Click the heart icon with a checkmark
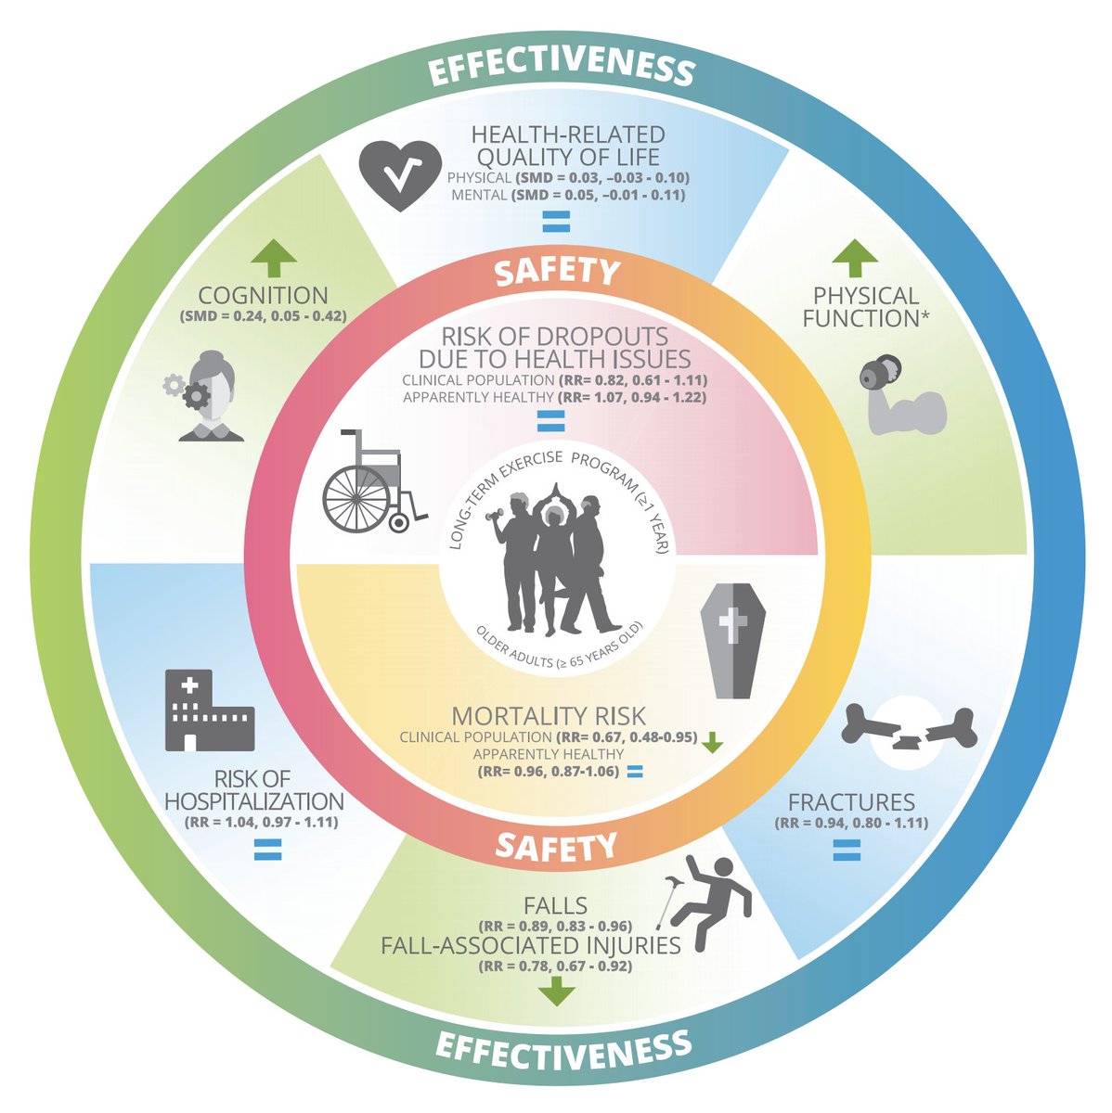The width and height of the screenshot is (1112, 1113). [x=399, y=176]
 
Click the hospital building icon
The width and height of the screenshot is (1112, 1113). [x=208, y=710]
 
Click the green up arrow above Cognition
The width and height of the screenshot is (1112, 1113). [x=275, y=259]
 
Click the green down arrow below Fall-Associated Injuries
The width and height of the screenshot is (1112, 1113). [x=556, y=991]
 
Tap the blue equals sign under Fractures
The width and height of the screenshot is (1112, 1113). [x=847, y=849]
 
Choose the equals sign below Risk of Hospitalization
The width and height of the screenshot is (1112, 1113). [x=268, y=848]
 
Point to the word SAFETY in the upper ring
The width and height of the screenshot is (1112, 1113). [x=556, y=272]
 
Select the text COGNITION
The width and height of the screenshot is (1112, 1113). [x=264, y=296]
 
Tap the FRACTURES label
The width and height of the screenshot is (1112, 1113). [x=851, y=802]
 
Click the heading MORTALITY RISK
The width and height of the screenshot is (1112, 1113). [x=548, y=717]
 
